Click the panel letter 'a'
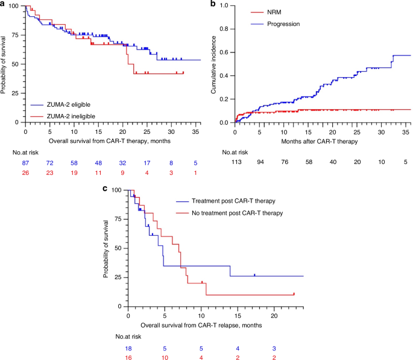point(4,4)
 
